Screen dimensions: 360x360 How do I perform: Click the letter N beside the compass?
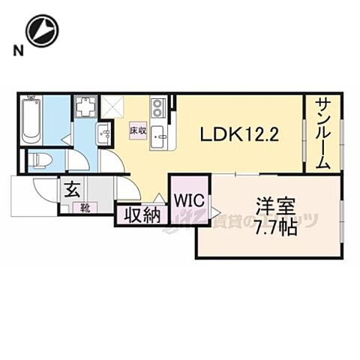(x=15, y=50)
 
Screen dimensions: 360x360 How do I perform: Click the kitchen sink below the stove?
(x=160, y=137)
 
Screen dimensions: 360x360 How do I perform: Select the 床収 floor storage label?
(x=137, y=129)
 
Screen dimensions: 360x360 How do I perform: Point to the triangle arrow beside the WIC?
(x=215, y=212)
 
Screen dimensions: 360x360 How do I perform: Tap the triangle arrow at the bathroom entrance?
(x=66, y=139)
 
